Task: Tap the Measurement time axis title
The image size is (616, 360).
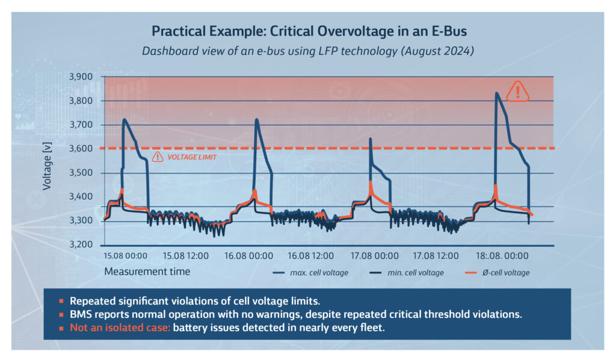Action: [x=147, y=272]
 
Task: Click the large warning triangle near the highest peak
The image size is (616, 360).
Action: [x=517, y=92]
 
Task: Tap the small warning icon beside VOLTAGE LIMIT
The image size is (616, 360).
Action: [x=158, y=157]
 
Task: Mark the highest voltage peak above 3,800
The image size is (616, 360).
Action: [x=496, y=94]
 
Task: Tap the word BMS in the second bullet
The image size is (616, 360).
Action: [x=81, y=314]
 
